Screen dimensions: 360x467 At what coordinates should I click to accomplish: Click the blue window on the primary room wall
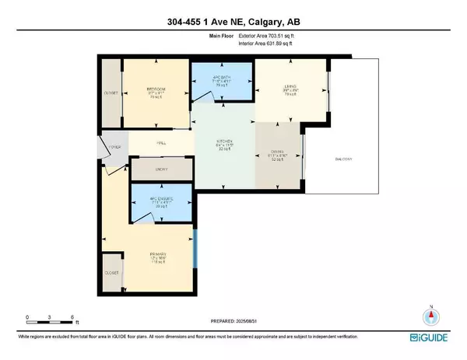click(195, 250)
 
